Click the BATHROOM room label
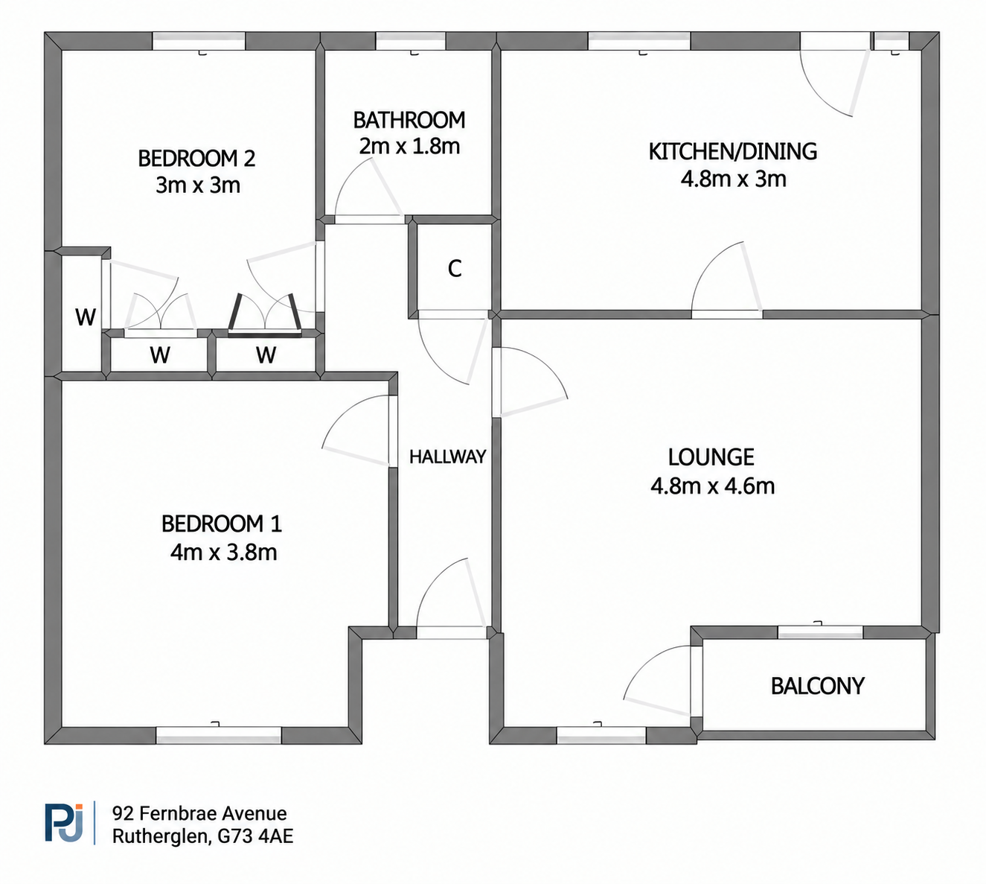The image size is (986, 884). coord(409,121)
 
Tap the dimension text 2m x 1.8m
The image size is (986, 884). coord(409,146)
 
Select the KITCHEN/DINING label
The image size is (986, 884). coord(732,151)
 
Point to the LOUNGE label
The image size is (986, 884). coord(711,457)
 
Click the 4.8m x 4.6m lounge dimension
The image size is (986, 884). coord(712,486)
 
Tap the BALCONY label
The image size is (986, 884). coord(818,686)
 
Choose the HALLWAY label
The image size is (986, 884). coord(448,457)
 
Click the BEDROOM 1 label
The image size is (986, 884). coord(222,524)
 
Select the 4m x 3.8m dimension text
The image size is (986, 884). coord(223,553)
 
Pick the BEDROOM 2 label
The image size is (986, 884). coord(196,159)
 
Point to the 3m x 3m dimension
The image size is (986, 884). coord(198,185)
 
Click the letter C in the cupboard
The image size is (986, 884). coord(455,269)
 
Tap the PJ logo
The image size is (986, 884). coord(64,823)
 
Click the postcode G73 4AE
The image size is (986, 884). coord(255,836)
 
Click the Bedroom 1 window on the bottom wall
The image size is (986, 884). coord(219,736)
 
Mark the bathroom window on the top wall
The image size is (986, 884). coord(411,41)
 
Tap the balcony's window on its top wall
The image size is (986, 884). coord(821,632)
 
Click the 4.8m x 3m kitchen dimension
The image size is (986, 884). coord(733,179)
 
